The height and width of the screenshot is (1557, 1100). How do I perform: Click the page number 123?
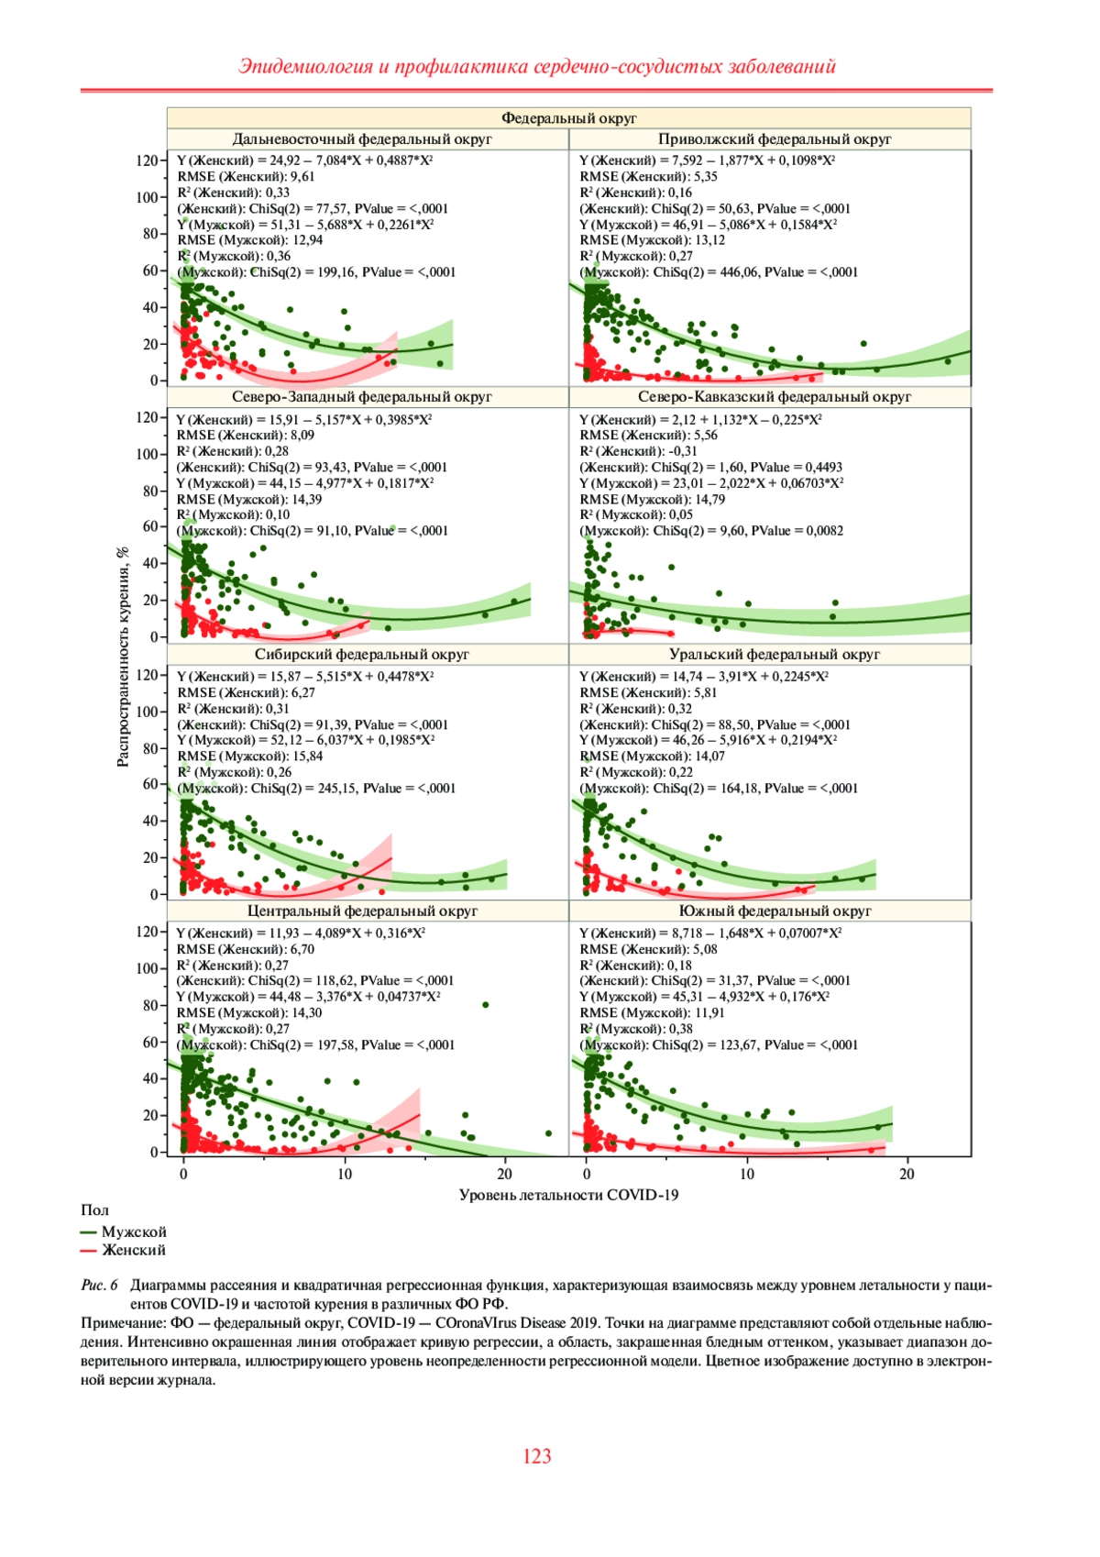(537, 1456)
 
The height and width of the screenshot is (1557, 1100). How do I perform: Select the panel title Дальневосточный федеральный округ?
(362, 139)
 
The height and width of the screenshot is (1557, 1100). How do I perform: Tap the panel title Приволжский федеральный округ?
(775, 139)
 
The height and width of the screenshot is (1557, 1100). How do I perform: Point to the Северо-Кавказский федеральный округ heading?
(775, 397)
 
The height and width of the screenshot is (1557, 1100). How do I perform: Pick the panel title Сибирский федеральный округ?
(362, 655)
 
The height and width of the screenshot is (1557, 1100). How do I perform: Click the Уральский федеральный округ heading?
(775, 655)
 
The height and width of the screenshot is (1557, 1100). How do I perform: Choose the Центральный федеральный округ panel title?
(362, 911)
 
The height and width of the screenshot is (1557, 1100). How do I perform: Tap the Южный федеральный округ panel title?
(775, 911)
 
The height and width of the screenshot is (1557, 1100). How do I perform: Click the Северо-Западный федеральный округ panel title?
(362, 397)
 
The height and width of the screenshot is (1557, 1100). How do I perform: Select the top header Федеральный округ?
(568, 118)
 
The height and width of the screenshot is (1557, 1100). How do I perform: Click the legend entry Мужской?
(134, 1232)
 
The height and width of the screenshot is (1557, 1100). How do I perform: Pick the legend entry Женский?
(134, 1251)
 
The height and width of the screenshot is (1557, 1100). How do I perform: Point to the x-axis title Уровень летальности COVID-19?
(568, 1195)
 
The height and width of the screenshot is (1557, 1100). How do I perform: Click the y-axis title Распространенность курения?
(123, 657)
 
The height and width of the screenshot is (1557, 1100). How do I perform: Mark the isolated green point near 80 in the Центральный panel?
(486, 1005)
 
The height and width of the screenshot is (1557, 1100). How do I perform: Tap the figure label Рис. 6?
(99, 1286)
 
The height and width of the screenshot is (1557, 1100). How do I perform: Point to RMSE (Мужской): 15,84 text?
(250, 756)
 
